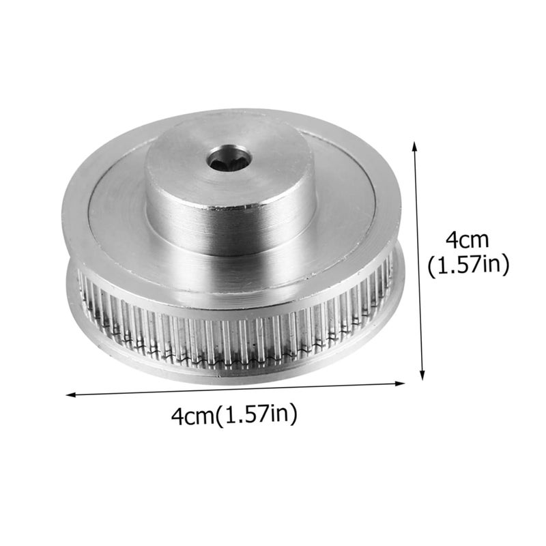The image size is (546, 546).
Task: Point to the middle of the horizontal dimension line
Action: tap(235, 388)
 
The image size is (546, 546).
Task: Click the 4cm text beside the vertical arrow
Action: tap(468, 240)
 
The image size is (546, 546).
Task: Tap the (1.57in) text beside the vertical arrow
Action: tap(468, 265)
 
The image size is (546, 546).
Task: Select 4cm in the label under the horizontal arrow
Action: tap(193, 414)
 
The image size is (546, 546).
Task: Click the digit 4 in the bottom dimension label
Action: tap(177, 414)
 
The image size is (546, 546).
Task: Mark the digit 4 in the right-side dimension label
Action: tap(452, 240)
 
